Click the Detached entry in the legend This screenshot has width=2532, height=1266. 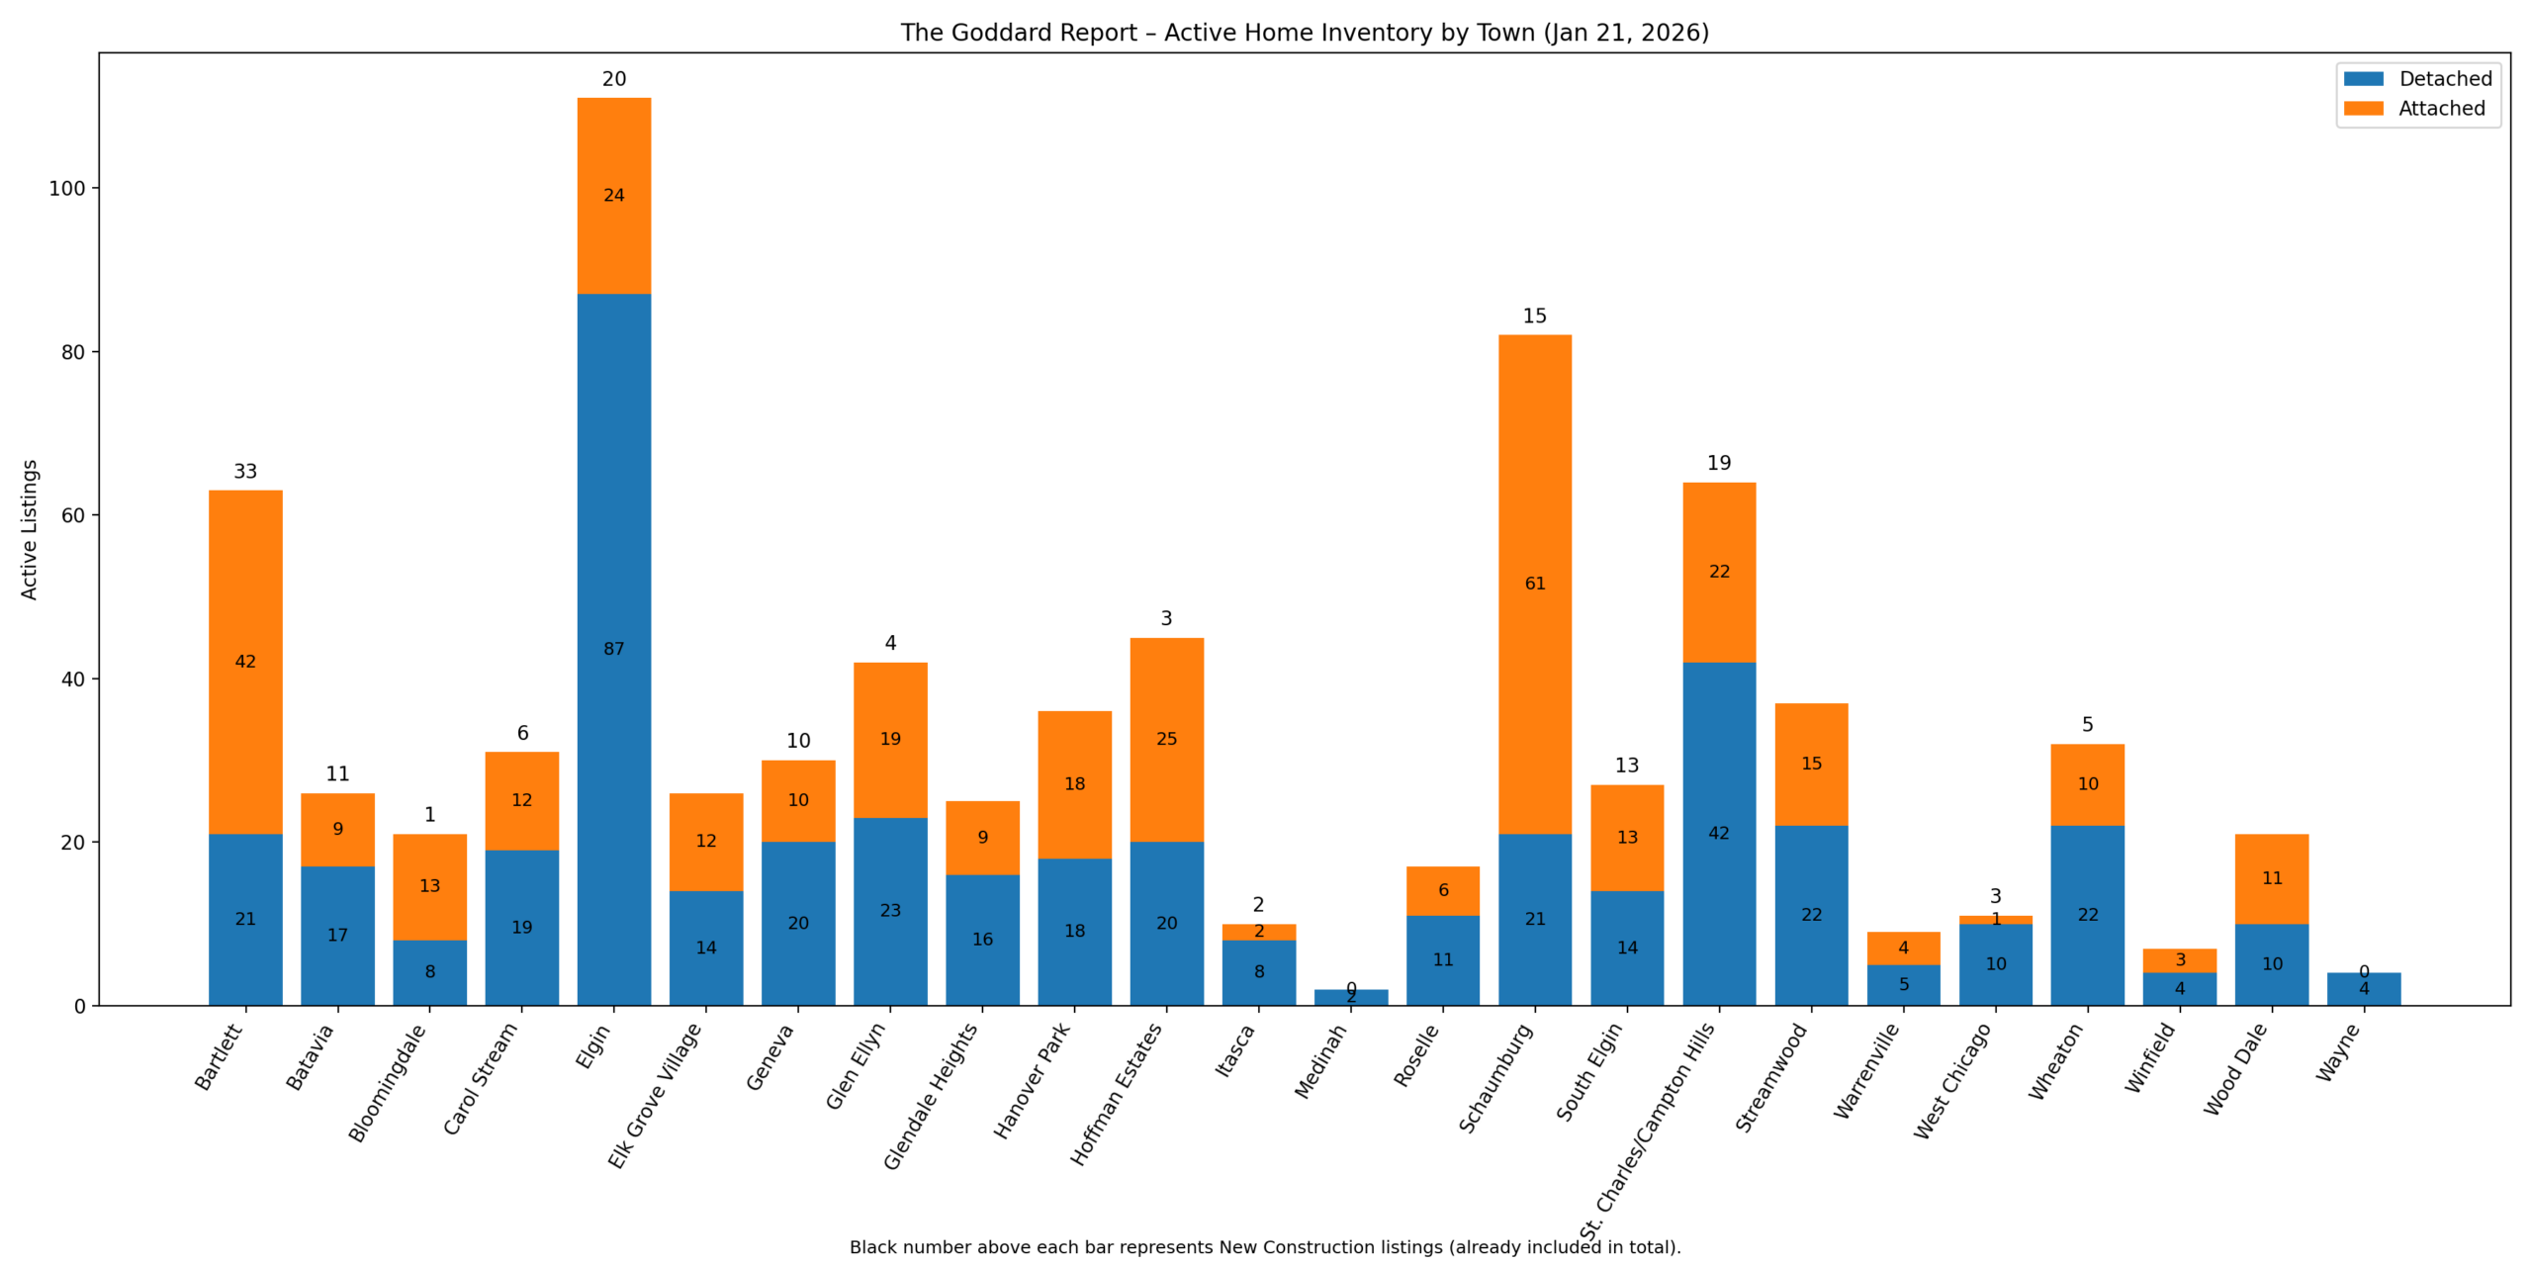click(x=2444, y=79)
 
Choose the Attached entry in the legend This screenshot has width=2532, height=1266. click(x=2440, y=109)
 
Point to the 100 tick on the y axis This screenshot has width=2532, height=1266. click(x=67, y=188)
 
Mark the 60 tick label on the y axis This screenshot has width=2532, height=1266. click(x=73, y=515)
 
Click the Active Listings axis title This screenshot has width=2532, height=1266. click(x=30, y=529)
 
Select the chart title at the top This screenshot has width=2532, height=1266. click(x=1304, y=33)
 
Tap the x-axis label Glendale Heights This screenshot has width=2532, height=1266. click(x=931, y=1096)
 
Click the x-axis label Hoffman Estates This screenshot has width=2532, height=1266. click(x=1117, y=1094)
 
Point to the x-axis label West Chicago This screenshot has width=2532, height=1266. click(x=1952, y=1081)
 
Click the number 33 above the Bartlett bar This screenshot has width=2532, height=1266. click(x=245, y=472)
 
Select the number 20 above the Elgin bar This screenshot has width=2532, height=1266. click(x=613, y=79)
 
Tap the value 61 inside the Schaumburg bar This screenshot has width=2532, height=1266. click(x=1534, y=584)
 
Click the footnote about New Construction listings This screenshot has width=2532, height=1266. click(x=1264, y=1247)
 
